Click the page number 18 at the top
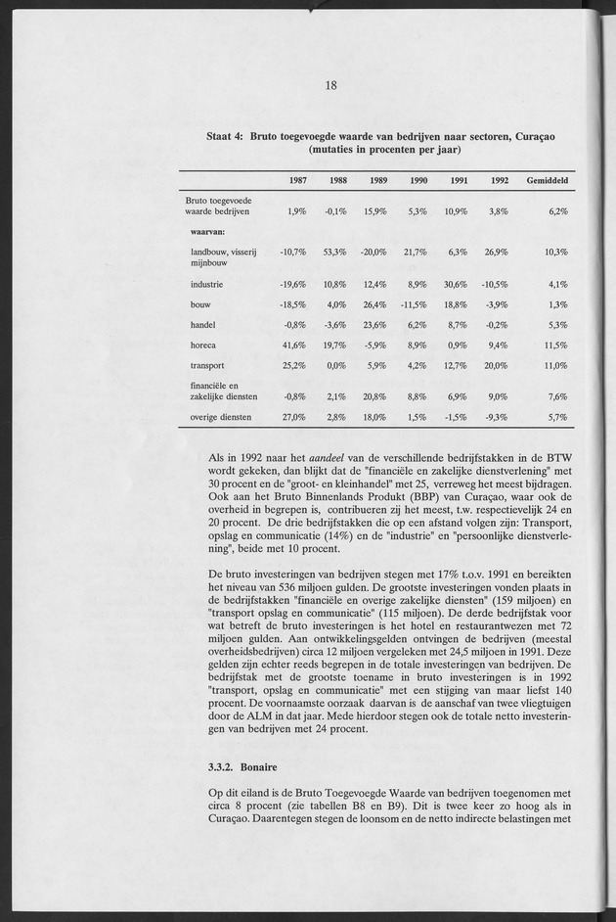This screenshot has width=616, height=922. pos(330,85)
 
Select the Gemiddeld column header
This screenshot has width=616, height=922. pos(548,181)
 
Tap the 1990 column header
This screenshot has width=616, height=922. pos(418,181)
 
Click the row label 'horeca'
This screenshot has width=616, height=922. pos(205,345)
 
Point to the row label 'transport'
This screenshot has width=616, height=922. pos(209,365)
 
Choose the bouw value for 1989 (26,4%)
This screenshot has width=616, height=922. pos(375,304)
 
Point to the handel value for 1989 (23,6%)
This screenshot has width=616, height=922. pos(375,324)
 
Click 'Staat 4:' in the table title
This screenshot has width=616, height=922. pos(225,136)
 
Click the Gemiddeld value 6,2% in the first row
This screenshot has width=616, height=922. pos(556,211)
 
